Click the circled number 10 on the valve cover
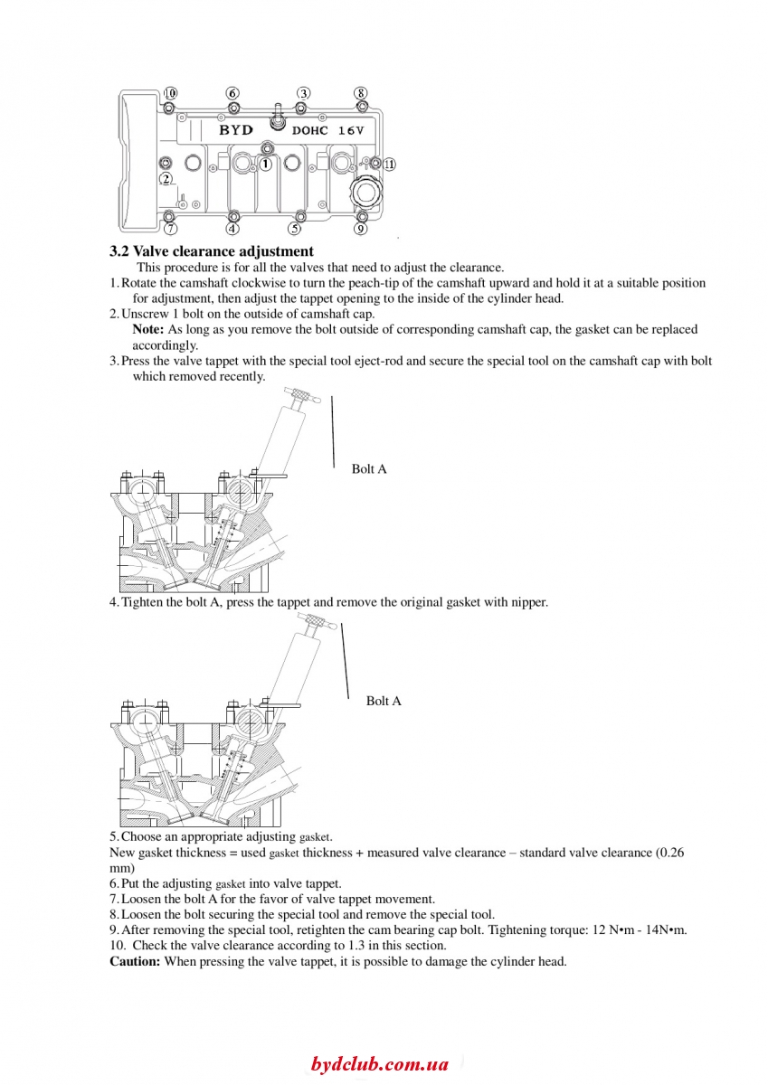(x=170, y=93)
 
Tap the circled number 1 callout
(x=266, y=165)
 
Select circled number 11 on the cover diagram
(x=388, y=165)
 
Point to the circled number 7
(x=172, y=229)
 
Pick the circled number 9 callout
(x=360, y=229)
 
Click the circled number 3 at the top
(x=304, y=93)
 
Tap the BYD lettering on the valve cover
(x=236, y=130)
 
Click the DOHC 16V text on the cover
(x=327, y=131)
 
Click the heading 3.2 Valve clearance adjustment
(x=212, y=251)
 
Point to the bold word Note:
(x=148, y=330)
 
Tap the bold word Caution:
(x=135, y=961)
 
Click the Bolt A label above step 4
(x=369, y=468)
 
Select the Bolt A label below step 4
(x=384, y=701)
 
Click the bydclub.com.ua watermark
(x=380, y=1064)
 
